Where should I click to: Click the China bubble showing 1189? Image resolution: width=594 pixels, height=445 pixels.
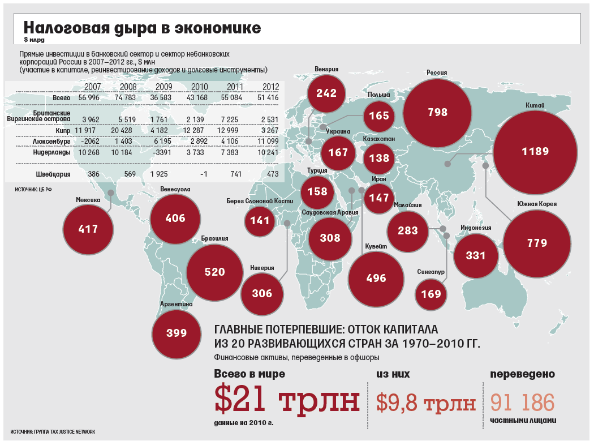[x=535, y=152]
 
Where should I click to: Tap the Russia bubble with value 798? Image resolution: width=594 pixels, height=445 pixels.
[x=438, y=112]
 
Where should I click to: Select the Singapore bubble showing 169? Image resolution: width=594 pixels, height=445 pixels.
[x=431, y=294]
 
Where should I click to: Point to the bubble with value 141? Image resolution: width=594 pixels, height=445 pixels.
[x=260, y=221]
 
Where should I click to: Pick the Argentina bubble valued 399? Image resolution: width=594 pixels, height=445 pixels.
[x=177, y=333]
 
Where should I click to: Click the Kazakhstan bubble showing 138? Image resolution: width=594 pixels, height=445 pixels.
[x=379, y=158]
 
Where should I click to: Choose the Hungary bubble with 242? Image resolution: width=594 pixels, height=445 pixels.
[x=326, y=93]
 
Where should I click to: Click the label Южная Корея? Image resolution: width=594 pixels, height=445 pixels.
[x=537, y=204]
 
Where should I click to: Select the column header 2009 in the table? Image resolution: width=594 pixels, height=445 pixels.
[x=163, y=87]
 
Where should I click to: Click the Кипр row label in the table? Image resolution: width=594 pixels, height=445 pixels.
[x=62, y=130]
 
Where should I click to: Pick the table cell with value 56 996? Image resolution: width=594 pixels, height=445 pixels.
[x=89, y=98]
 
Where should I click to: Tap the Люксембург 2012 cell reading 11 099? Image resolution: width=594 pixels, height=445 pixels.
[x=267, y=141]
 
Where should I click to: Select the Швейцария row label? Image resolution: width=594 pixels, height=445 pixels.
[x=54, y=174]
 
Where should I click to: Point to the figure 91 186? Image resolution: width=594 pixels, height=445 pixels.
[x=522, y=403]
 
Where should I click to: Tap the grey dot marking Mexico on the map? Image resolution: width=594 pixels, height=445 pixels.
[x=111, y=192]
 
